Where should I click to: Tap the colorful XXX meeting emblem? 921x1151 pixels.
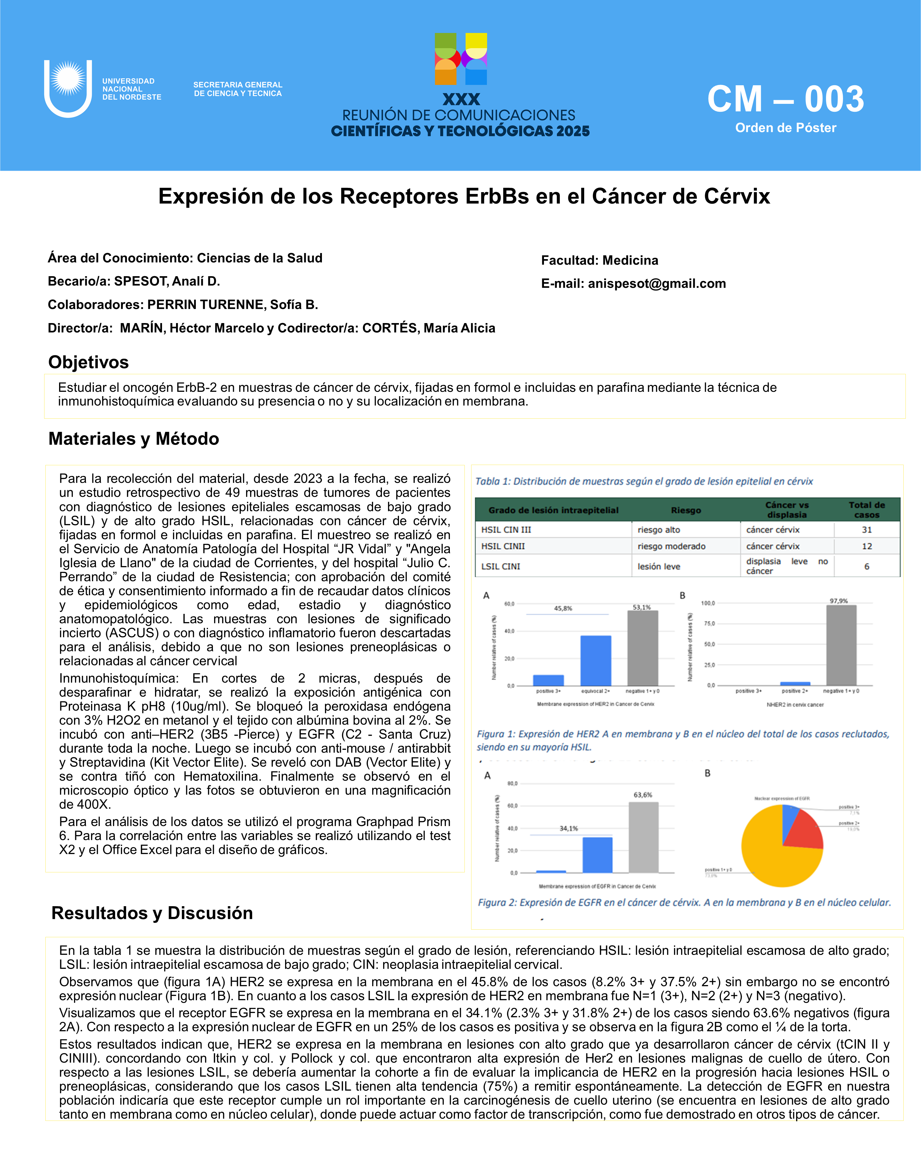[x=461, y=59]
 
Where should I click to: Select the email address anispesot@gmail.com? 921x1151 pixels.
[x=657, y=283]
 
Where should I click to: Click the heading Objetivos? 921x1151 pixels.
[x=89, y=362]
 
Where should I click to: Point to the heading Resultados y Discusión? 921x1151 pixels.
[x=152, y=913]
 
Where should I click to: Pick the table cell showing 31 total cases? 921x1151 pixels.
[x=866, y=530]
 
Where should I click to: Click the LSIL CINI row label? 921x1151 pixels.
[x=500, y=566]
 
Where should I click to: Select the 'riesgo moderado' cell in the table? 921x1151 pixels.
[x=671, y=546]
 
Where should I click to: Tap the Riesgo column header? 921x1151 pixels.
[x=686, y=510]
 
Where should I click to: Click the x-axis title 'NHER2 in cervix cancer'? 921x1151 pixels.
[x=795, y=705]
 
